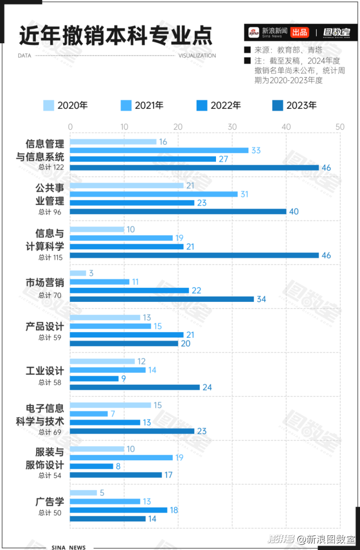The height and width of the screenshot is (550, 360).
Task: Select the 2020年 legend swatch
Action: click(x=49, y=105)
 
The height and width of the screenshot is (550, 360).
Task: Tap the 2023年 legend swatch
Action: click(x=278, y=105)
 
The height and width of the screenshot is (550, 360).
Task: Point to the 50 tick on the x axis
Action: click(x=340, y=127)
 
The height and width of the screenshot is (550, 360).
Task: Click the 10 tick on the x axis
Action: click(x=124, y=127)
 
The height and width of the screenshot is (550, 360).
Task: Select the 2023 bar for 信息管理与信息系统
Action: click(x=194, y=167)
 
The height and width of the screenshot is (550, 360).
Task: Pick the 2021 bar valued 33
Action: click(x=159, y=150)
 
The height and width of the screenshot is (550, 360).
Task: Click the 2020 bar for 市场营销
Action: click(x=78, y=273)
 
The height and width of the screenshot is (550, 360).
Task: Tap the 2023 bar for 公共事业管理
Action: click(x=178, y=211)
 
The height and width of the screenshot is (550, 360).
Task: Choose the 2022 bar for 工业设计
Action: click(x=94, y=378)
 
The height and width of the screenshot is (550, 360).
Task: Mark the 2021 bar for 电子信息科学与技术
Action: click(x=89, y=413)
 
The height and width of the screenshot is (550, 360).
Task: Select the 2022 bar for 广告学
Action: click(x=118, y=510)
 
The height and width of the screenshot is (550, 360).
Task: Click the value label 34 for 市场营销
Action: click(x=261, y=299)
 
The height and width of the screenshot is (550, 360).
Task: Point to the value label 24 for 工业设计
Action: click(x=207, y=387)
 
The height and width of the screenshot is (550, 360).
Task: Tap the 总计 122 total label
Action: click(x=51, y=167)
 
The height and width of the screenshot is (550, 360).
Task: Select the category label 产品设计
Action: click(x=45, y=326)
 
